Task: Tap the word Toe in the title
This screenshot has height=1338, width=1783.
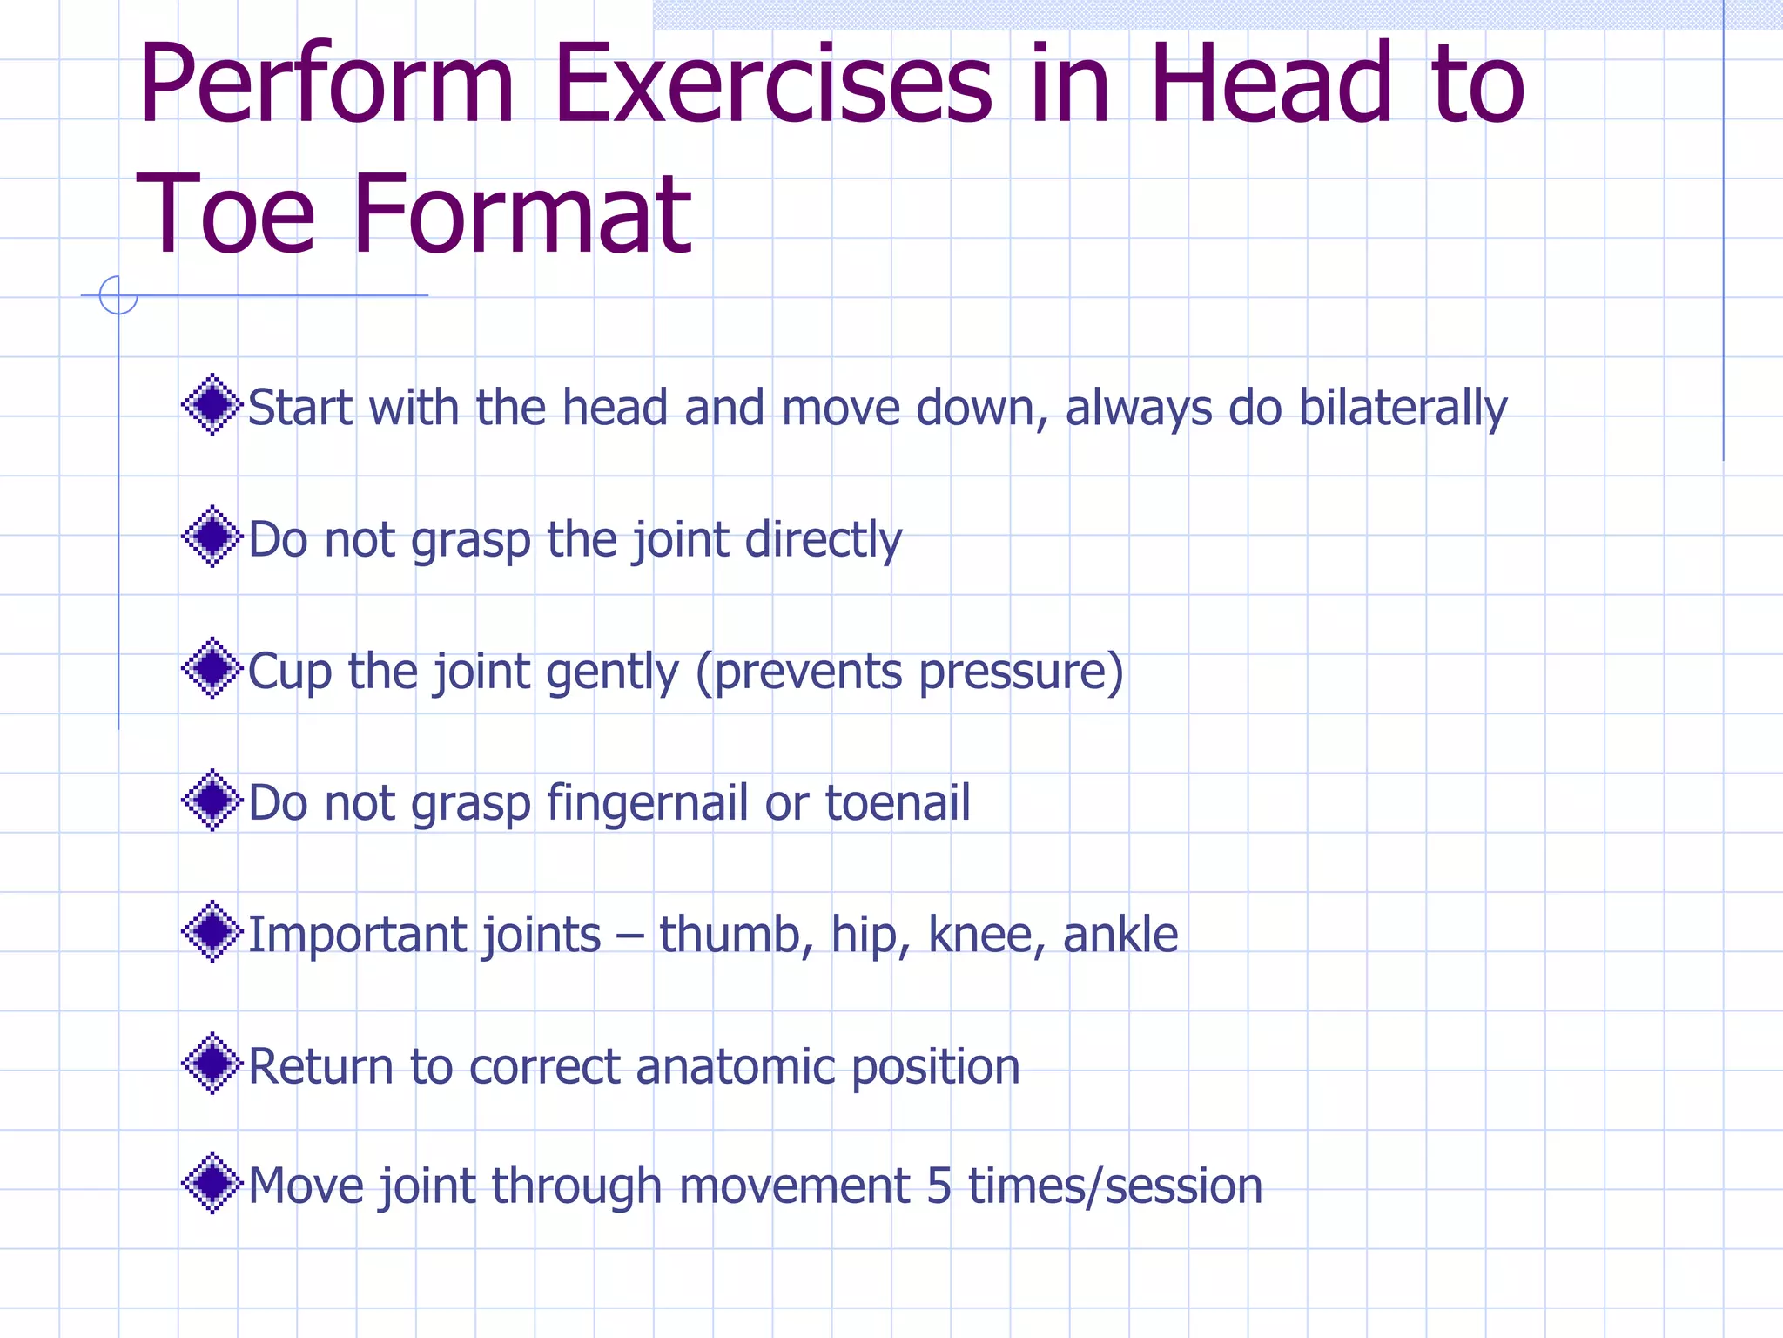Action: [x=225, y=216]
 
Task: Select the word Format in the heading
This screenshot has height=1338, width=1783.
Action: [x=522, y=216]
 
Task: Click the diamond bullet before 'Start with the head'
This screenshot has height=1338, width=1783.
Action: [x=212, y=405]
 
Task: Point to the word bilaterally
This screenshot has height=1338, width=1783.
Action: [x=1402, y=408]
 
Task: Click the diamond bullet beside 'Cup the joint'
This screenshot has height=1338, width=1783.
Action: [x=212, y=669]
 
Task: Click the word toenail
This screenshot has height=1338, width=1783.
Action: [x=897, y=803]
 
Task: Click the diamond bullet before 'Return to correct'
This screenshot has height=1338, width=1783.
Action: [x=212, y=1064]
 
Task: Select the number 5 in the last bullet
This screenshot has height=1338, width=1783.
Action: [x=939, y=1186]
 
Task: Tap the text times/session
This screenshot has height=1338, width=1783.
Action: [x=1114, y=1186]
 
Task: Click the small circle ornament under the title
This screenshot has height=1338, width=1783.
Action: [x=118, y=295]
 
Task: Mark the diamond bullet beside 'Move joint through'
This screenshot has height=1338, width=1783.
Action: [x=212, y=1183]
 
